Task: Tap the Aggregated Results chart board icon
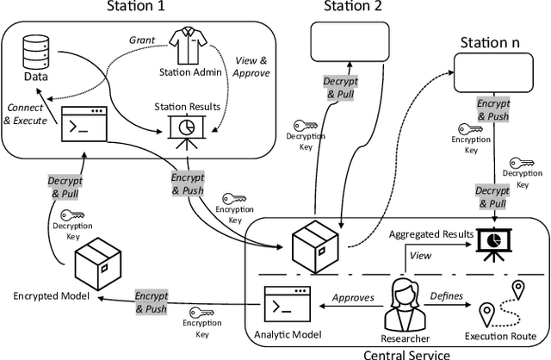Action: [491, 247]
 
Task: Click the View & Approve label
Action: [252, 67]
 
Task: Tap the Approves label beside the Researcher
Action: [353, 297]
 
